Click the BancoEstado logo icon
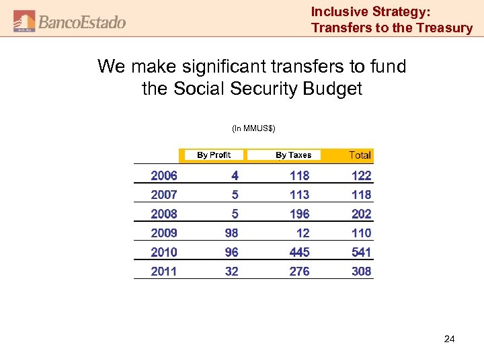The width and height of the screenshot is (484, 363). coord(25,21)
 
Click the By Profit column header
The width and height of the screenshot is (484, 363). coord(214,155)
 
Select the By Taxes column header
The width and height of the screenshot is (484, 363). coord(294,155)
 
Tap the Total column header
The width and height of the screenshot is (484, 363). coord(360,155)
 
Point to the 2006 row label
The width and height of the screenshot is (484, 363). coord(164,175)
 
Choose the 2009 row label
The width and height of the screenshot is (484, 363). coord(164,233)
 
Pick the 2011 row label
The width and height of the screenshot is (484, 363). coord(164,272)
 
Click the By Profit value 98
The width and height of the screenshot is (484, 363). coord(231,233)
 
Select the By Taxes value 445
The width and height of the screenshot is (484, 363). coord(299,252)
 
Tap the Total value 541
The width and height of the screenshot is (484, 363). coord(361,252)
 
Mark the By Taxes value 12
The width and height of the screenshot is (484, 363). coord(303,233)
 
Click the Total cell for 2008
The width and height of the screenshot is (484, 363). coord(361,214)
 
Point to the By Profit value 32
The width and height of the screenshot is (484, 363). coord(231,272)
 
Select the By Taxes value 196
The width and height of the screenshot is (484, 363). coord(299,214)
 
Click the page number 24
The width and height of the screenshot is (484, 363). coord(449,339)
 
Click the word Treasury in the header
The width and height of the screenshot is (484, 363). coord(444,28)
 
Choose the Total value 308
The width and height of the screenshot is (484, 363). coord(361,272)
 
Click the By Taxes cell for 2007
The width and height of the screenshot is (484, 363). coord(299,195)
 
